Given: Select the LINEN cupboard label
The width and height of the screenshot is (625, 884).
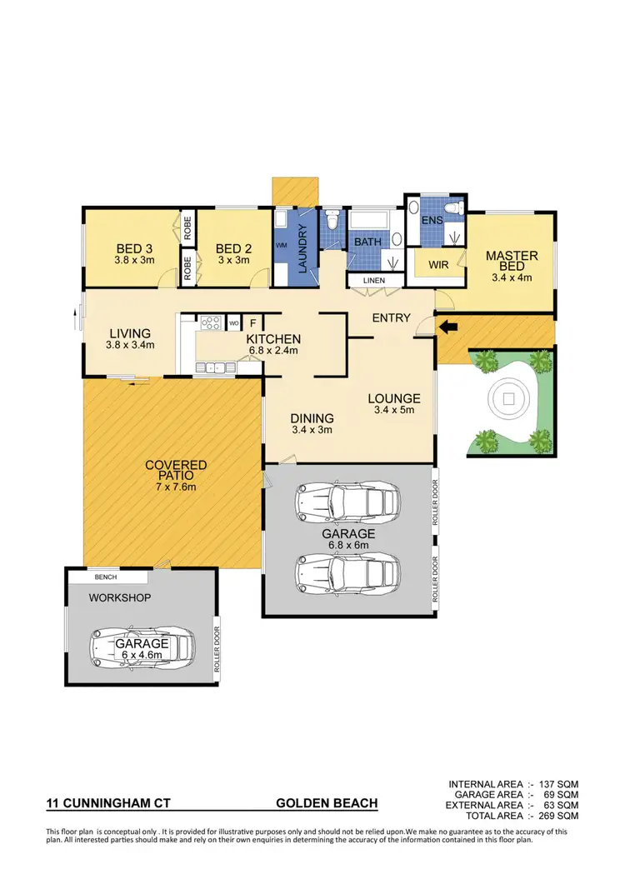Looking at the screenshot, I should coord(373,281).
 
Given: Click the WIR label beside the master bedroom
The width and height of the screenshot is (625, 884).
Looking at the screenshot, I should coord(439,266).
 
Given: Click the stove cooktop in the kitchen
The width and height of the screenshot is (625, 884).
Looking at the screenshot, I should coord(209,322).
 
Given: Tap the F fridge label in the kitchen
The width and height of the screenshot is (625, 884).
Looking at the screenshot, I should coord(252,322).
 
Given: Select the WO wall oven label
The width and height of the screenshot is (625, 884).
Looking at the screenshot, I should coord(233,322).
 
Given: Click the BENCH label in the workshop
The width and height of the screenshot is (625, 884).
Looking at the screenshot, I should coord(106,577).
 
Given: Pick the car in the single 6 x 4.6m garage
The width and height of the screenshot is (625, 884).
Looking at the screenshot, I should coord(142,647).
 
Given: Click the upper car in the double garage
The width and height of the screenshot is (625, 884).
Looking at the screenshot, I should coord(347,502).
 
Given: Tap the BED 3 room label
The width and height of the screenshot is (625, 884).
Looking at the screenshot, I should coord(133,247).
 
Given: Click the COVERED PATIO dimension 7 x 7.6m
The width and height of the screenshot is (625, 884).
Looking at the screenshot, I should coord(175,487).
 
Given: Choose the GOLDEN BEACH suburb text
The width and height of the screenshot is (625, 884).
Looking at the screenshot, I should coord(327,804).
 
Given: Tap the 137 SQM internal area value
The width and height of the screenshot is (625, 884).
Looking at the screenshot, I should coord(560,785).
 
